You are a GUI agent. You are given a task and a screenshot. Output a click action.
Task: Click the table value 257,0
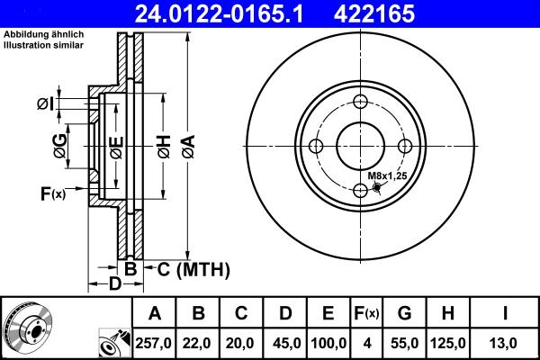[155, 343]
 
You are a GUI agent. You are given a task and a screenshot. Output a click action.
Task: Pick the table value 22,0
[199, 343]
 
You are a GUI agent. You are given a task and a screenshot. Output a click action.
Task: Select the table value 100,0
[328, 343]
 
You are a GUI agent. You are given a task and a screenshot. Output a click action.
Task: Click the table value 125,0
[448, 343]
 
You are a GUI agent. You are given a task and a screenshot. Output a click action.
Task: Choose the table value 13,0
[508, 343]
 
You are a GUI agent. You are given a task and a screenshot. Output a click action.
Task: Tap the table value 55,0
[404, 343]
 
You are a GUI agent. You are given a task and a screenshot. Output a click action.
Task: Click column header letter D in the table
[285, 313]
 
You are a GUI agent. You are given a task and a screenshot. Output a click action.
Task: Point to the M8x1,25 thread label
[389, 177]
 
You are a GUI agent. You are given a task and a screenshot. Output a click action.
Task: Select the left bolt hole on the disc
[317, 146]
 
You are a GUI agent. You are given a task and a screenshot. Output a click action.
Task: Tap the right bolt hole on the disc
[406, 146]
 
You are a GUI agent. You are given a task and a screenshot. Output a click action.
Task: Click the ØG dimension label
[59, 147]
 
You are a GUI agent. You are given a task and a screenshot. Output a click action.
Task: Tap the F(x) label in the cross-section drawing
[53, 193]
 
